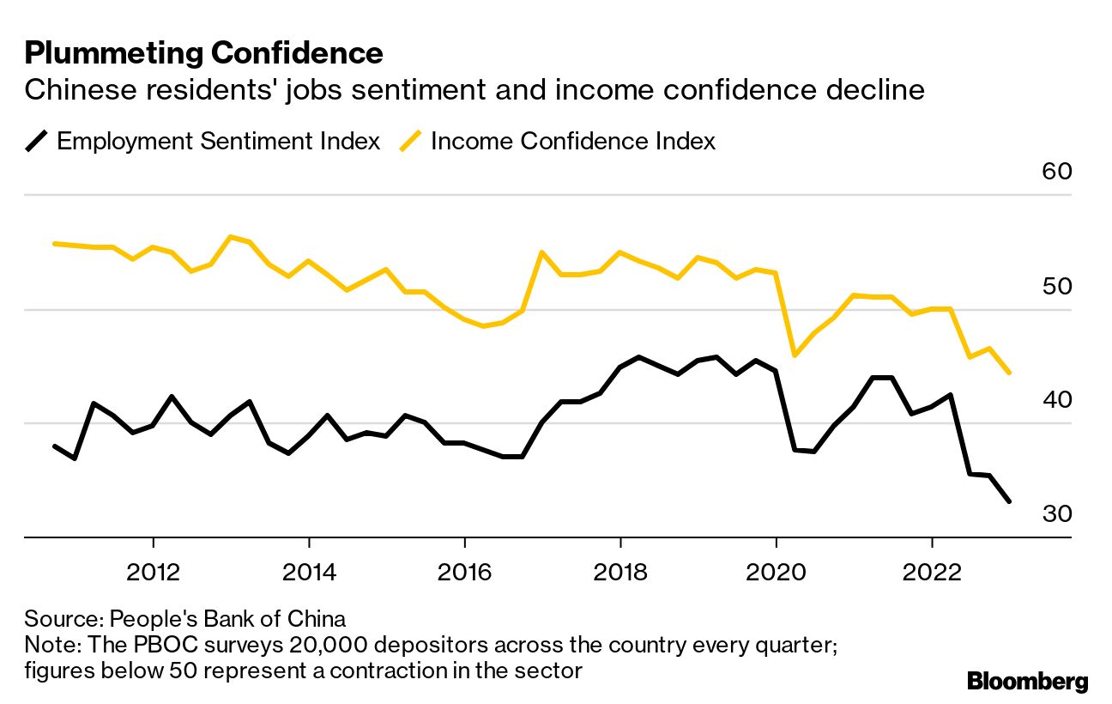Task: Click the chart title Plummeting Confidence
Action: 203,53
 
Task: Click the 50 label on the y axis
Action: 1056,286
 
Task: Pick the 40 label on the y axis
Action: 1056,400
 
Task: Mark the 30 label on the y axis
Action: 1056,513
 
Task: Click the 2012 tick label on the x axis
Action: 153,572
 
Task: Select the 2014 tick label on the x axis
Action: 308,572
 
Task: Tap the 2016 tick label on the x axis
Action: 464,572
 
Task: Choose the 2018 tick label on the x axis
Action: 619,572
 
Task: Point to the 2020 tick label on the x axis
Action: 776,572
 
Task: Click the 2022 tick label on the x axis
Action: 931,572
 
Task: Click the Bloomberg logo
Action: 1027,682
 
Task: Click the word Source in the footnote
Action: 52,619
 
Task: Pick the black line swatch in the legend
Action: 37,141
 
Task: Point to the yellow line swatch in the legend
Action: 411,141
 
